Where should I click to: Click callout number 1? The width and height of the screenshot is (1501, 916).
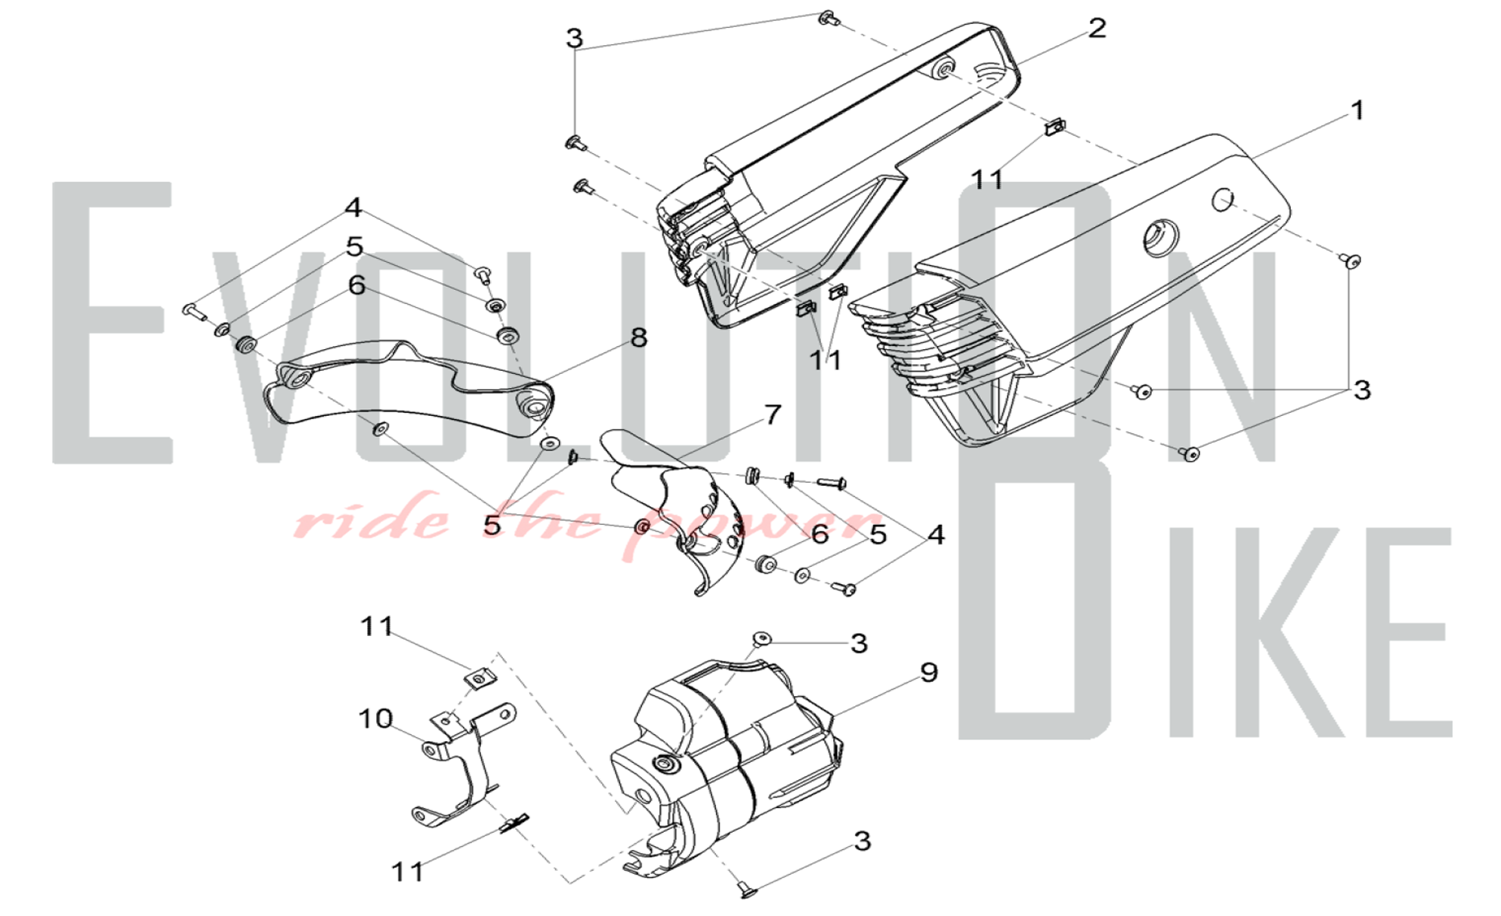(x=1357, y=110)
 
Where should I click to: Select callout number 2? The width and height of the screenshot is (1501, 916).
(x=1097, y=29)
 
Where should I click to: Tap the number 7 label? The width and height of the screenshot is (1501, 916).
(x=773, y=414)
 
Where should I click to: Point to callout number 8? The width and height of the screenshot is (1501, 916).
(x=639, y=338)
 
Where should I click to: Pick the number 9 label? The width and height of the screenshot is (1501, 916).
(x=929, y=672)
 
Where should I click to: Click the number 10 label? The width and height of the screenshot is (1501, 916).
(x=375, y=719)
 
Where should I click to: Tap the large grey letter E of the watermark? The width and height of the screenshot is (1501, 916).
(x=113, y=322)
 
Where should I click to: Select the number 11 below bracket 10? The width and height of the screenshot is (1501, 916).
(x=408, y=872)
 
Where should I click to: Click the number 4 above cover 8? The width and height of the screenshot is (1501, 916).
(x=353, y=208)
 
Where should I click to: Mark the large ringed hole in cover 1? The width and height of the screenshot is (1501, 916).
(x=1160, y=237)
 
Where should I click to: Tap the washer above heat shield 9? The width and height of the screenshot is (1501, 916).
(x=763, y=639)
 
